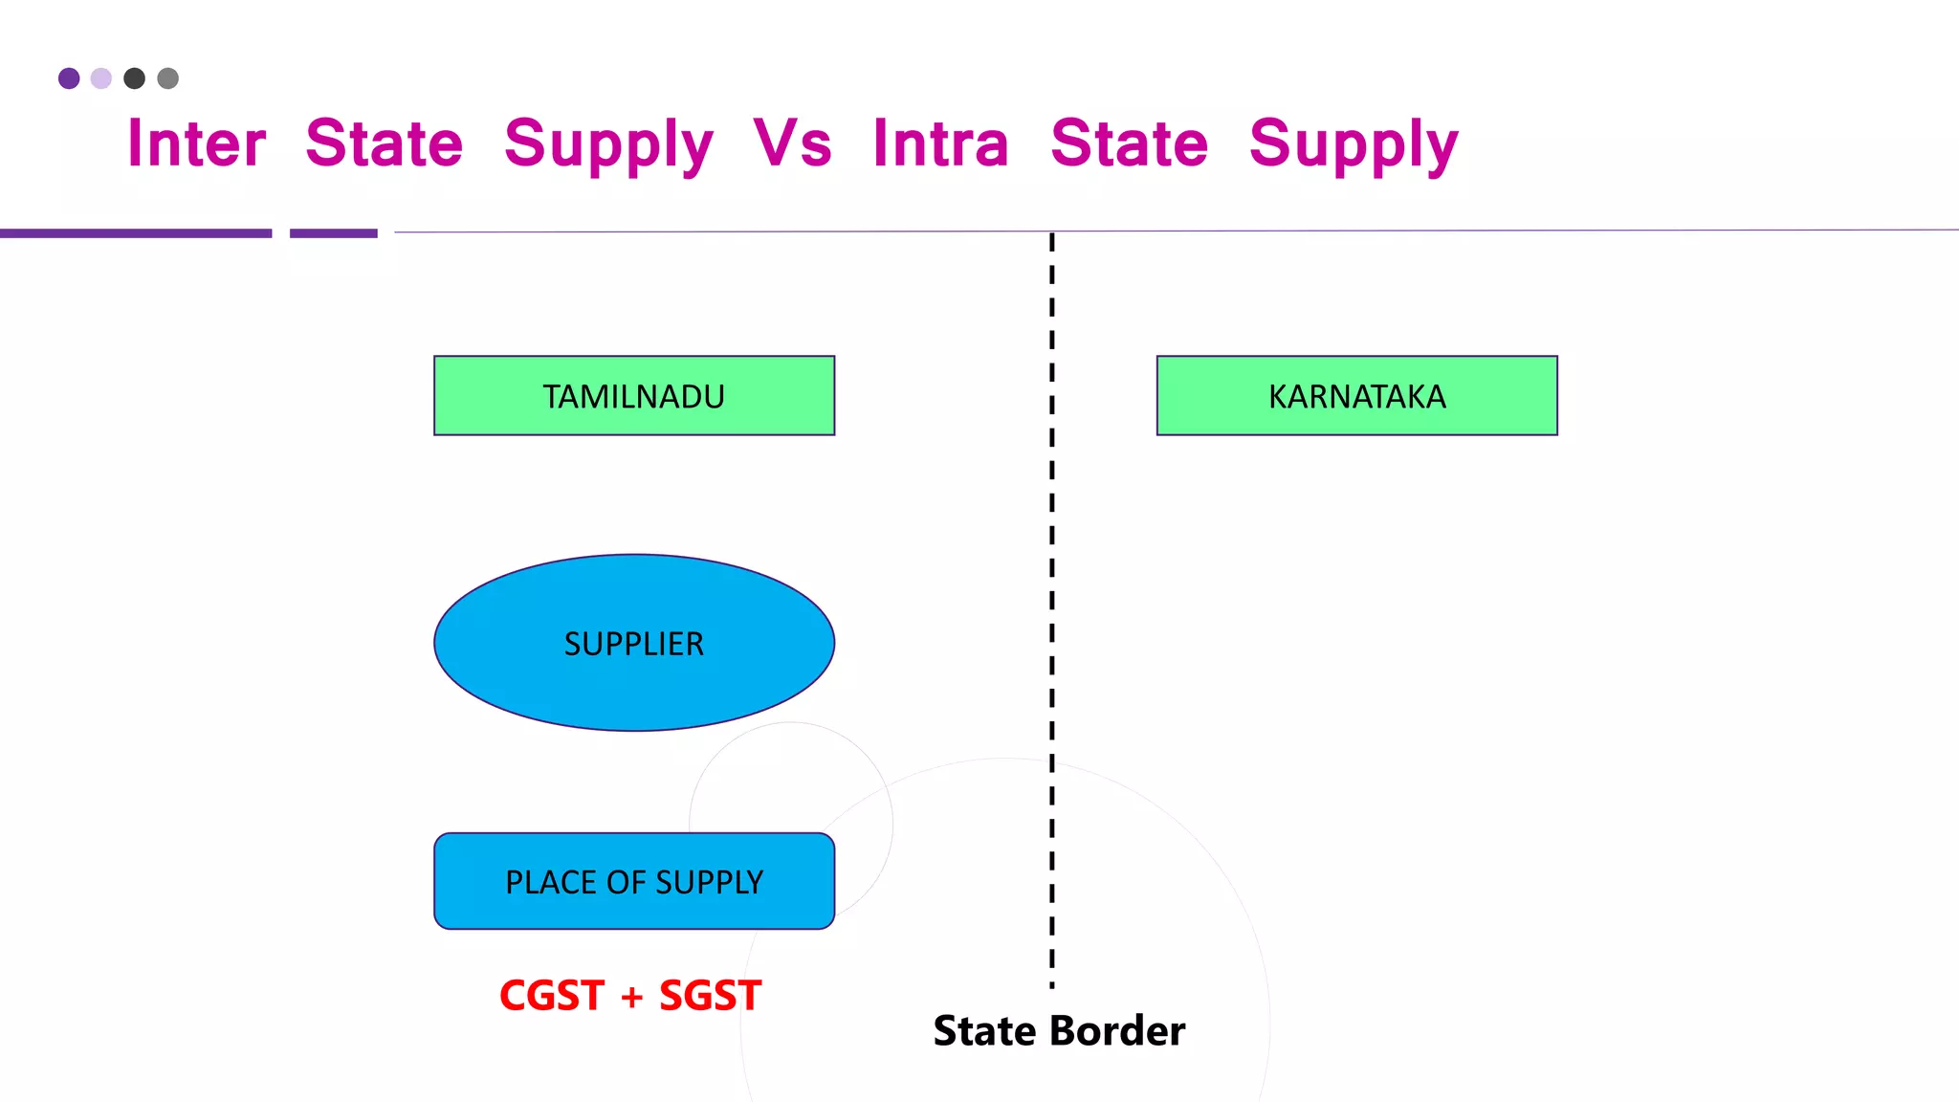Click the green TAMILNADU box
click(x=634, y=396)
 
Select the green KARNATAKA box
click(x=1356, y=396)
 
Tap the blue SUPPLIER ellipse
click(x=634, y=643)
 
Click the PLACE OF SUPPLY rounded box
click(x=634, y=881)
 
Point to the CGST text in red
click(x=552, y=996)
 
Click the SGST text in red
click(x=710, y=996)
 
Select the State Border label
click(x=1059, y=1031)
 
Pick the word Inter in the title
click(x=196, y=143)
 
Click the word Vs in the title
click(x=792, y=143)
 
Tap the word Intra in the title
click(x=940, y=143)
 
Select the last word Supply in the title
click(x=1354, y=145)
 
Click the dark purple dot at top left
click(x=69, y=78)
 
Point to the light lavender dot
click(x=101, y=78)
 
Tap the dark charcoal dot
click(x=135, y=78)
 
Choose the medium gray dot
click(x=168, y=78)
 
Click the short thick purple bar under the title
click(x=334, y=233)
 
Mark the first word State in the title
click(x=384, y=143)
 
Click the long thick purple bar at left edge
click(x=136, y=233)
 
